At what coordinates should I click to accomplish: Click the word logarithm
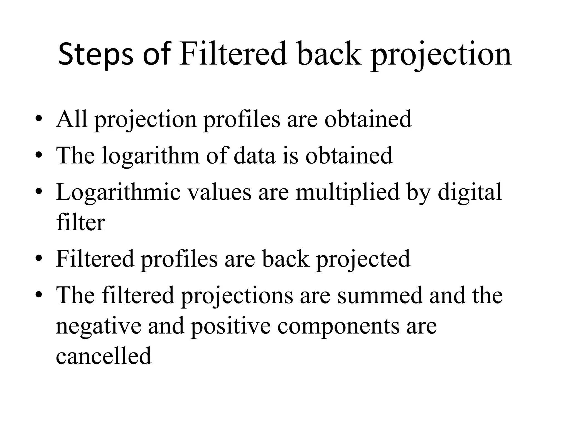150,156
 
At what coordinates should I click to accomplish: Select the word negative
99,326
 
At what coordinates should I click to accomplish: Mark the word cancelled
104,356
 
